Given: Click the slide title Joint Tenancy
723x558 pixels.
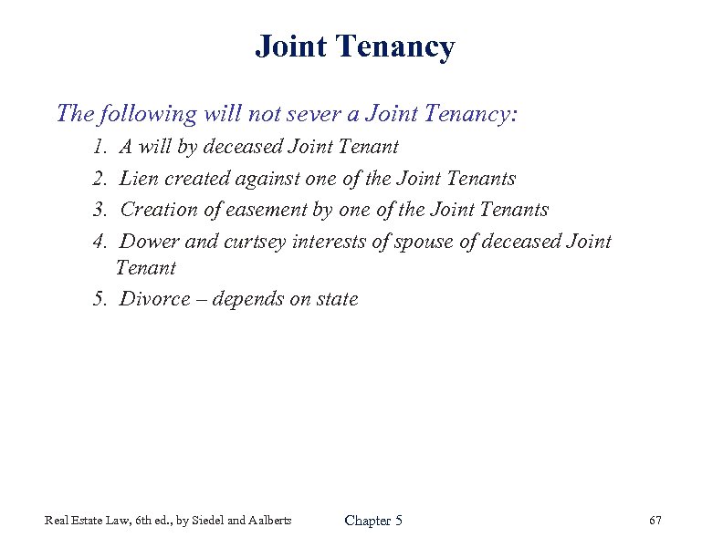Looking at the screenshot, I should click(354, 46).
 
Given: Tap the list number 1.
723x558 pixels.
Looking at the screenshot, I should click(99, 147).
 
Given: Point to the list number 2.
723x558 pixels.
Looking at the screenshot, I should click(99, 179).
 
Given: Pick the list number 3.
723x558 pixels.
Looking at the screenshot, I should click(99, 210).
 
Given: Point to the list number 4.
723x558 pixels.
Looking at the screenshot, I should click(99, 242).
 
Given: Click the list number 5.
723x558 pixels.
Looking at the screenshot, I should click(99, 299).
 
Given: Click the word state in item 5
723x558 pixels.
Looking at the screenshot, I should click(337, 299).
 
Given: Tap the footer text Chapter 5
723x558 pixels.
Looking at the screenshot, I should click(372, 521).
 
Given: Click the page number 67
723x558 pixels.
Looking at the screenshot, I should click(655, 521).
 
